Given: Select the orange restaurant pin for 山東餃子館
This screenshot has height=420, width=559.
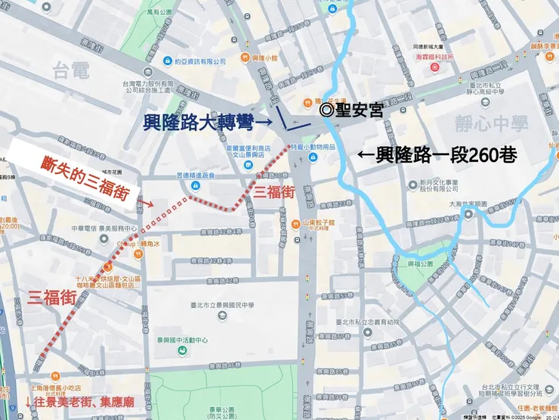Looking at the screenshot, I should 297,223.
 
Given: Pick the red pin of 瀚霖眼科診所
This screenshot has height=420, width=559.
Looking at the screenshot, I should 434,67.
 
